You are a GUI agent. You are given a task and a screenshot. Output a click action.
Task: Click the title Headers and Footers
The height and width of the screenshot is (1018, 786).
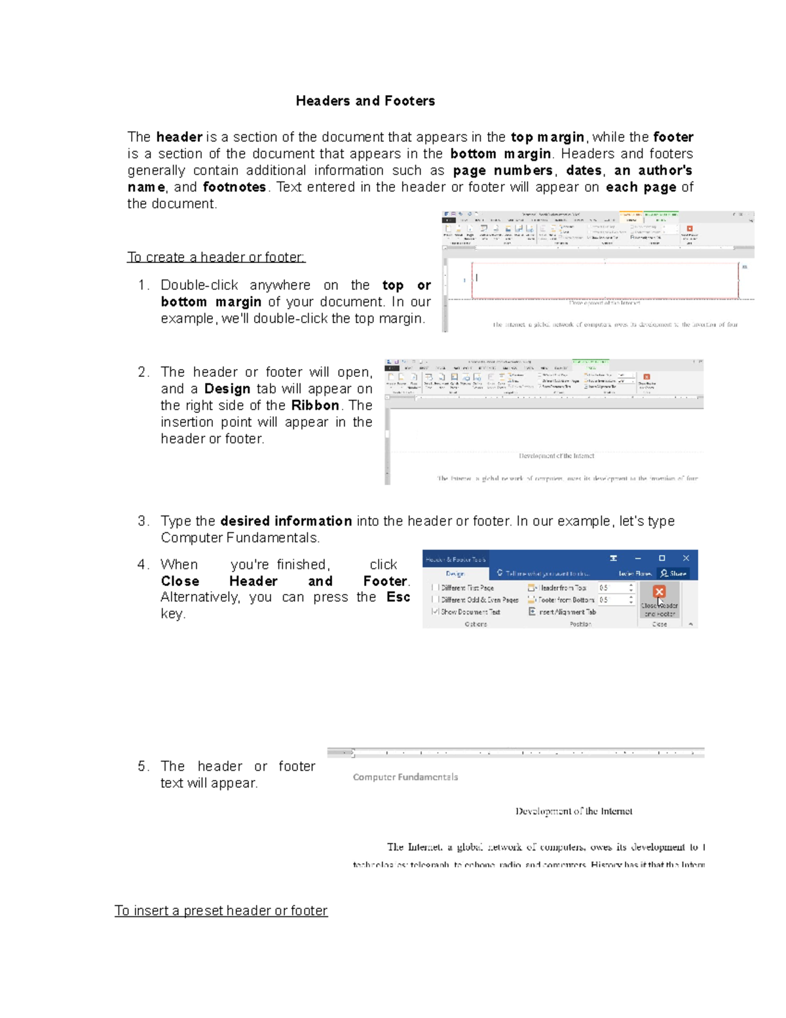click(x=365, y=101)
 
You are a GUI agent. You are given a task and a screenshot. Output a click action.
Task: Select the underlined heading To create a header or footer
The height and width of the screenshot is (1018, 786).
click(x=216, y=257)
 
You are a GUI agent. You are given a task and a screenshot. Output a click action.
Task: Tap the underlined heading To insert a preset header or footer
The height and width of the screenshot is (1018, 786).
click(x=221, y=910)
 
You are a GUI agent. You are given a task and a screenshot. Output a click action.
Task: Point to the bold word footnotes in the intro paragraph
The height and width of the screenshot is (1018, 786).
click(x=234, y=187)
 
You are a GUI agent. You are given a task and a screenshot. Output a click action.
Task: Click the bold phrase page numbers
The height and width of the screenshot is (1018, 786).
click(x=502, y=170)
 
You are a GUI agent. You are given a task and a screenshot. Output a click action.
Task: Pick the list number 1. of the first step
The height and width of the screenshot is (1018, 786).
click(x=143, y=285)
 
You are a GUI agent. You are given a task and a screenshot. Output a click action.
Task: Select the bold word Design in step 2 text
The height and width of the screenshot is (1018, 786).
click(x=227, y=389)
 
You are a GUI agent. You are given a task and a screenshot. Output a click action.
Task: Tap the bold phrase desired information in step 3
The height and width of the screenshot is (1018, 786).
click(x=286, y=521)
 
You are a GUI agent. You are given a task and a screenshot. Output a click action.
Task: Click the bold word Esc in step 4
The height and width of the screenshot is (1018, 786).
click(x=398, y=597)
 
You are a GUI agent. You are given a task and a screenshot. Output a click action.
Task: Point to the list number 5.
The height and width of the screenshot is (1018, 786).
click(x=143, y=766)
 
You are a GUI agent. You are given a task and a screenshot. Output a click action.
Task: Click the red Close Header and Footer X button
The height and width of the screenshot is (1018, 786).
click(x=659, y=592)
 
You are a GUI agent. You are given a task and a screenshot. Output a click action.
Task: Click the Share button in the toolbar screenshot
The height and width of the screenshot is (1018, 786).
click(x=673, y=574)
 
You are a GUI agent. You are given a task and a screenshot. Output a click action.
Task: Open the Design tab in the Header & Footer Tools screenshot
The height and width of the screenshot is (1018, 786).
click(x=455, y=574)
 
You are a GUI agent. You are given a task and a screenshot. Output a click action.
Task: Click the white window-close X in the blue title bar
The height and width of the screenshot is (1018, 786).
click(x=686, y=558)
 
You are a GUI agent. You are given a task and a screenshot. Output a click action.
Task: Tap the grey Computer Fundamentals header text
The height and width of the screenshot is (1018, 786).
click(x=405, y=777)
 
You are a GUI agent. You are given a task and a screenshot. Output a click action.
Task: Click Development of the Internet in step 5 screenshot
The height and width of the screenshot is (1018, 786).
click(x=574, y=812)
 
